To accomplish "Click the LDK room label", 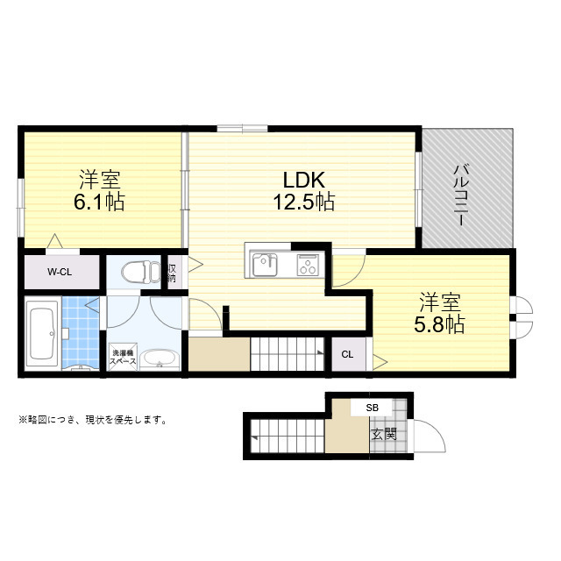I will (303, 180).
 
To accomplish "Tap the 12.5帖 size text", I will (303, 202).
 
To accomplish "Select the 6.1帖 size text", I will (99, 202).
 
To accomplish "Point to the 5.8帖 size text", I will (439, 324).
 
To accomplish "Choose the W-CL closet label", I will (60, 272).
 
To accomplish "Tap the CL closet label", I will (347, 354).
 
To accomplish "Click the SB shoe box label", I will (373, 408).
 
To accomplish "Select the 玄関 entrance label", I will (382, 434).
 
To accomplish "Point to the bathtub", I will (40, 334).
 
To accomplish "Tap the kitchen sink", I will (266, 262).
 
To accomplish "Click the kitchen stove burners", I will (309, 262).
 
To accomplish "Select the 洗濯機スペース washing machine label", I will (123, 357).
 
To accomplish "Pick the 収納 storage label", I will (173, 272).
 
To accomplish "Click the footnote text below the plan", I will (92, 419).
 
